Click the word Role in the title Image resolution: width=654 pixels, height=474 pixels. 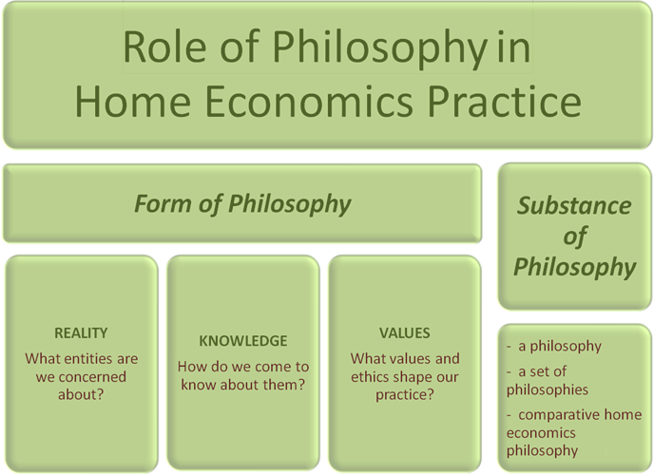[164, 47]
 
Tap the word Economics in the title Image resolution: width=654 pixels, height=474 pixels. [310, 102]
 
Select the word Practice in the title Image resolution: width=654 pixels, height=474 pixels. [505, 102]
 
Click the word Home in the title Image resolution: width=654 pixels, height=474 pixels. [133, 102]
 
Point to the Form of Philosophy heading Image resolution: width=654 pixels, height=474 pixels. [242, 204]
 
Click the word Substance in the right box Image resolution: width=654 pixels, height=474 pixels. [574, 205]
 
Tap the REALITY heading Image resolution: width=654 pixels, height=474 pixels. [81, 333]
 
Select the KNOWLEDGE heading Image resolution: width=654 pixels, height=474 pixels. [243, 341]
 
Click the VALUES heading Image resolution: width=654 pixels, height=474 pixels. [405, 333]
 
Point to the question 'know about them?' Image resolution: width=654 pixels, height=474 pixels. [243, 385]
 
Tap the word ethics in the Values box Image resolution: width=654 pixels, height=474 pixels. [368, 377]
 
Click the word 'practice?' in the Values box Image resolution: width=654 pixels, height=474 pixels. [405, 395]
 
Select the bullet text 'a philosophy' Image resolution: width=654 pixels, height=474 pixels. [560, 347]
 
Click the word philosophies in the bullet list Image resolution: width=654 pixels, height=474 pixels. [548, 389]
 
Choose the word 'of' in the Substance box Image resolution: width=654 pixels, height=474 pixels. [575, 237]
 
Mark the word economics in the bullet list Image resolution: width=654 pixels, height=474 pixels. [541, 433]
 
